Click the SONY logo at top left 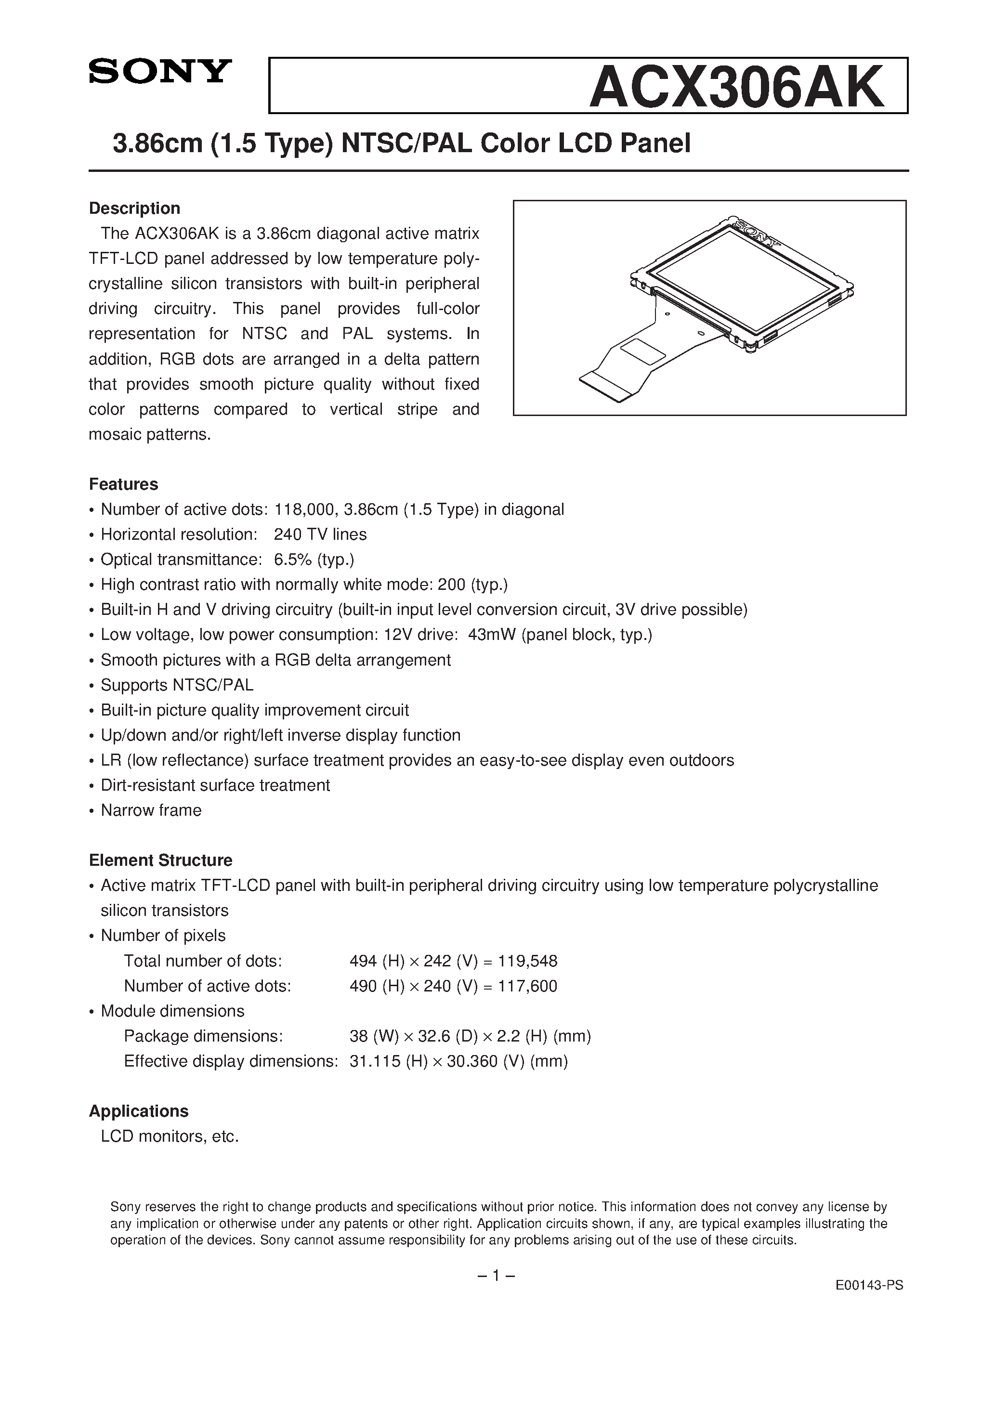[160, 71]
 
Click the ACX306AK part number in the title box [735, 88]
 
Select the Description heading [134, 209]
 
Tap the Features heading [123, 484]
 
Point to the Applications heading [139, 1111]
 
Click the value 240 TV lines [320, 535]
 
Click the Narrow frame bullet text [151, 811]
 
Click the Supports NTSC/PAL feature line [177, 685]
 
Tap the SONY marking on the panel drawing [756, 234]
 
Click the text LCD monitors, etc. [170, 1136]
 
